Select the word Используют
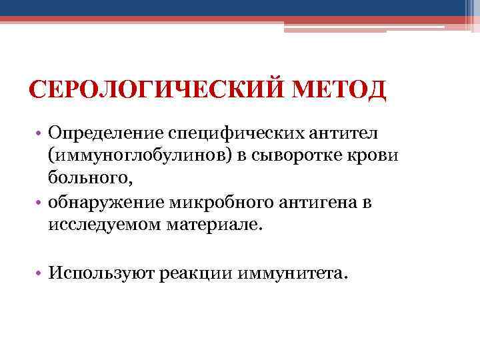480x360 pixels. (99, 273)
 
